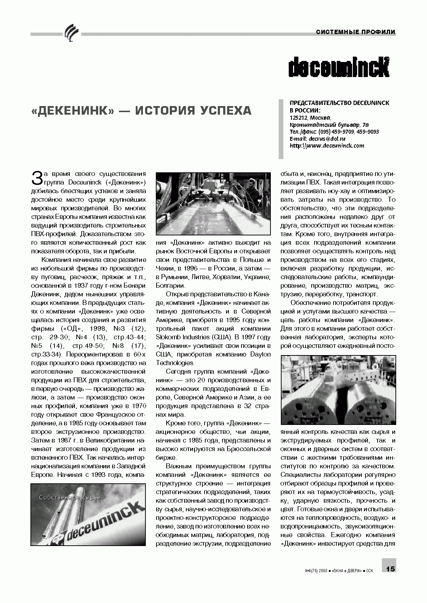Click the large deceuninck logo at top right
[x=339, y=67]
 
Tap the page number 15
[x=390, y=569]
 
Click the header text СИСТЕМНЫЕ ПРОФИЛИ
[x=355, y=32]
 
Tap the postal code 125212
[x=298, y=118]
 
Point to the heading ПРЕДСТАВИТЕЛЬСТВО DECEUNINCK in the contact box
[x=339, y=103]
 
